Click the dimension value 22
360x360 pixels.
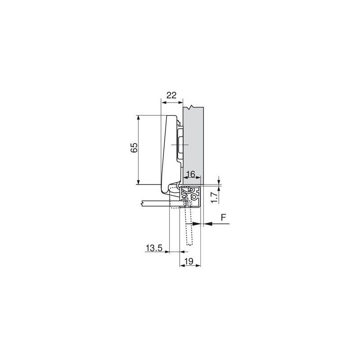pyautogui.click(x=171, y=95)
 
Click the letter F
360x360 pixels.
pyautogui.click(x=224, y=218)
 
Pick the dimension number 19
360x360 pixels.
pyautogui.click(x=189, y=261)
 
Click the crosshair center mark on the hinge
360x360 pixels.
pyautogui.click(x=180, y=145)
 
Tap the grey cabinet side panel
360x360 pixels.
pyautogui.click(x=194, y=139)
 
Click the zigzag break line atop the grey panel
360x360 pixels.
pyautogui.click(x=193, y=107)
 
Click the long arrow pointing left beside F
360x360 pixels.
pyautogui.click(x=216, y=224)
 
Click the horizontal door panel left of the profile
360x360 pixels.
pyautogui.click(x=155, y=203)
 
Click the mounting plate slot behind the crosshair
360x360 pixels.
pyautogui.click(x=181, y=145)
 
